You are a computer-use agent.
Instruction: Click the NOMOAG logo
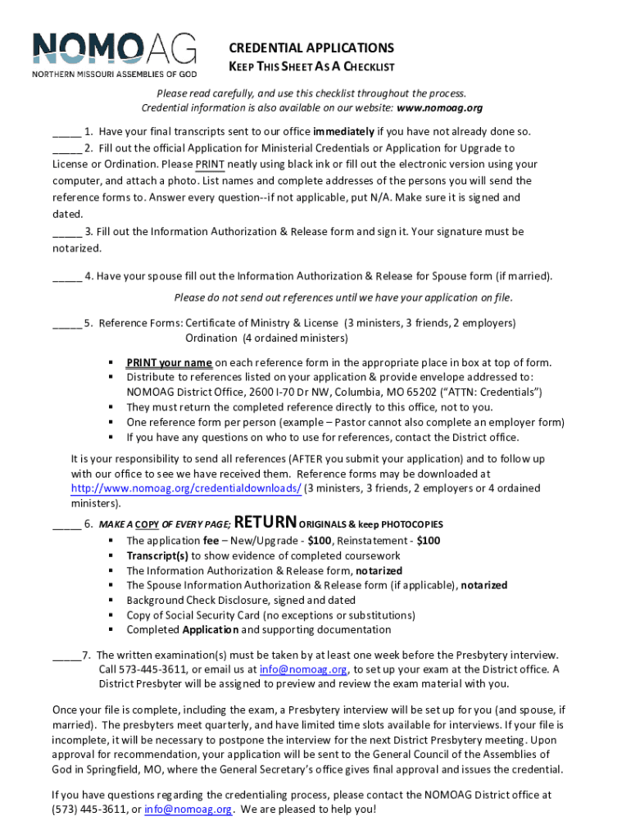tap(115, 54)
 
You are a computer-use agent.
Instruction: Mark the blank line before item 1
tap(66, 132)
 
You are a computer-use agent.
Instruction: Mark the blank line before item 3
tap(66, 232)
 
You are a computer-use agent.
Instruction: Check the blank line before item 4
tap(66, 276)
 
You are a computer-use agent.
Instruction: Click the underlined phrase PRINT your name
tap(169, 363)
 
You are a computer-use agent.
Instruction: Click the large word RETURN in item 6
tap(265, 523)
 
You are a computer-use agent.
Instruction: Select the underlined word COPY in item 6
tap(147, 524)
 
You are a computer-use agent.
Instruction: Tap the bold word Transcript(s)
tap(157, 556)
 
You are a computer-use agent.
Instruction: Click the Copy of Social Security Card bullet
tap(270, 615)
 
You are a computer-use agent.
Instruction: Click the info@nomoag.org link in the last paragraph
tap(188, 810)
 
